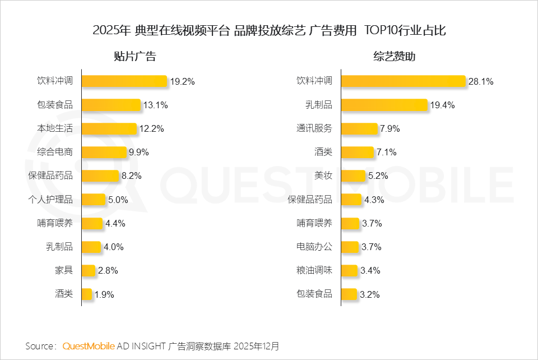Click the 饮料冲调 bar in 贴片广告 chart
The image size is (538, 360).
(124, 81)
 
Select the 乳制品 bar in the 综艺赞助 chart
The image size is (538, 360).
(384, 105)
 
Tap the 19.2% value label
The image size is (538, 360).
(183, 81)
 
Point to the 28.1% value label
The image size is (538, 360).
(481, 81)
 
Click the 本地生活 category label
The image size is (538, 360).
(55, 128)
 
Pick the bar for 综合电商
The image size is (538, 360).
(104, 152)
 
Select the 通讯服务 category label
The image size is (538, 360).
(314, 128)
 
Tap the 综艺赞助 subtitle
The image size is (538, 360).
(395, 56)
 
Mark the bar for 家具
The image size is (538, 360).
(89, 270)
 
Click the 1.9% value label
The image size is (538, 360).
(105, 294)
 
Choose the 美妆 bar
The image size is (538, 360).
(353, 176)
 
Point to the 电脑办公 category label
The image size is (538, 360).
(314, 247)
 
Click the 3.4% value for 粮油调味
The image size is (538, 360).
(371, 270)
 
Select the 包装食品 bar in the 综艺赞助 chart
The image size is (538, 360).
(349, 294)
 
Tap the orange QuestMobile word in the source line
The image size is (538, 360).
(89, 345)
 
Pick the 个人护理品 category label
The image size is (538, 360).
(50, 199)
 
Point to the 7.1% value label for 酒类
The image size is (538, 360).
(387, 152)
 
